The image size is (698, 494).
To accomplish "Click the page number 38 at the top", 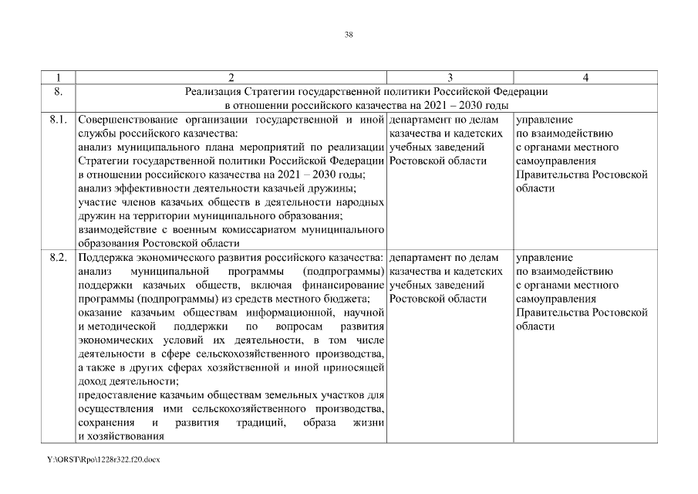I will pos(349,34).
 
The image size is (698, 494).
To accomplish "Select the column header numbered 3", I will pos(450,77).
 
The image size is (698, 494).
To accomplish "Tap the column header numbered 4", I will pos(585,77).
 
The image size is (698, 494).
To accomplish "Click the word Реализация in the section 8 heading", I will pos(213,92).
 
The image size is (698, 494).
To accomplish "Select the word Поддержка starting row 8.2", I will pos(105,258).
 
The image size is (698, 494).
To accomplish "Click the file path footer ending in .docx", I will pos(103,459).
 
